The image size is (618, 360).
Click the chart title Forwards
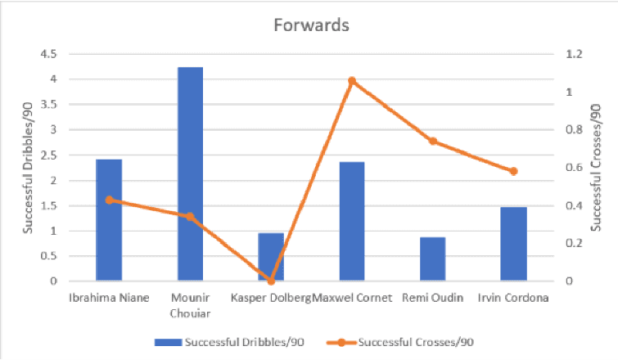pyautogui.click(x=311, y=25)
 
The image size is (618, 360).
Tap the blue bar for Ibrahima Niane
pyautogui.click(x=109, y=220)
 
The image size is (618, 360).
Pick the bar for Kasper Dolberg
pyautogui.click(x=271, y=257)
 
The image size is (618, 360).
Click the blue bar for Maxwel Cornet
pyautogui.click(x=352, y=222)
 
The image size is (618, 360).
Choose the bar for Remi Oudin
pyautogui.click(x=433, y=259)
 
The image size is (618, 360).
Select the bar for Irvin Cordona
pyautogui.click(x=514, y=244)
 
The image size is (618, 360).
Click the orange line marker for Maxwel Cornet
pyautogui.click(x=352, y=81)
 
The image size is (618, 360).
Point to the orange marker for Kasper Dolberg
pyautogui.click(x=271, y=281)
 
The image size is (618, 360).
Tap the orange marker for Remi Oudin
pyautogui.click(x=433, y=142)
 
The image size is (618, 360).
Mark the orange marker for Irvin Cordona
pyautogui.click(x=514, y=171)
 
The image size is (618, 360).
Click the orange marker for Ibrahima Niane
pyautogui.click(x=109, y=200)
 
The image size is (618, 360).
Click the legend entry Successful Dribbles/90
pyautogui.click(x=233, y=341)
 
